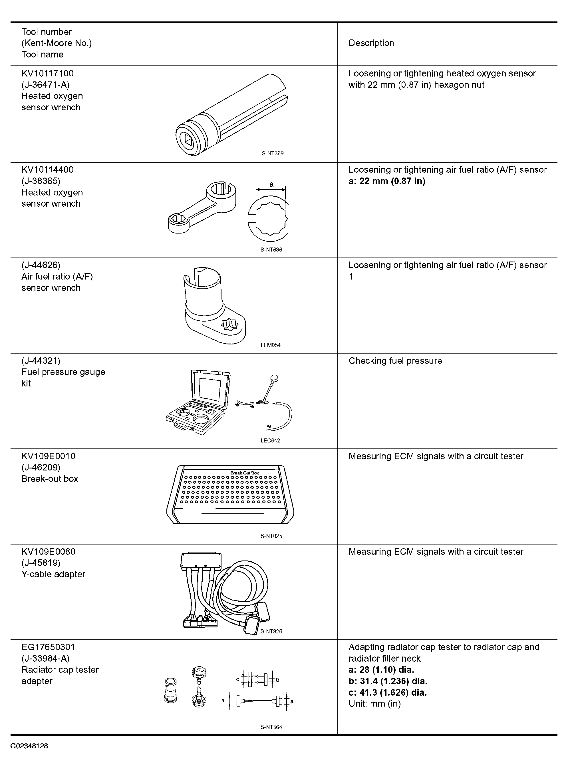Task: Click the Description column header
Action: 371,43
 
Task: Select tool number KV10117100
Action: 47,73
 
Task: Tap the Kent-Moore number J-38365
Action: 41,181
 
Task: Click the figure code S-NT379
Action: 272,153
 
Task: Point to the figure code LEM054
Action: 271,345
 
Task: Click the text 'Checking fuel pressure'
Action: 395,361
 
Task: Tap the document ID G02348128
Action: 29,746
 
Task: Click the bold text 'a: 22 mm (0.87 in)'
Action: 387,181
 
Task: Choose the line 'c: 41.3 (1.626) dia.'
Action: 388,692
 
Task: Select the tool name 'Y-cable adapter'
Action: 53,574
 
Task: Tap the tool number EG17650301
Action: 48,647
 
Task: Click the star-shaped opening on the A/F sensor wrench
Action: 229,324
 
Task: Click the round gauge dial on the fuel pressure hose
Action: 274,379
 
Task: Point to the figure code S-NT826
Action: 271,631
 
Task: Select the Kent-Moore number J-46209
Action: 41,467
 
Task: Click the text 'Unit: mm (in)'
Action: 375,704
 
